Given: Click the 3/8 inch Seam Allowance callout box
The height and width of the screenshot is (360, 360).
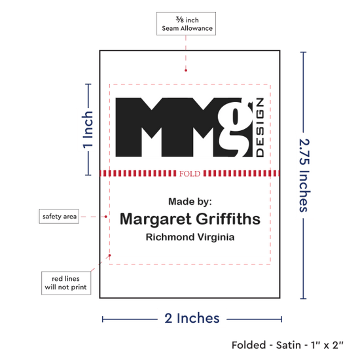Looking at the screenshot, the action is tap(186, 24).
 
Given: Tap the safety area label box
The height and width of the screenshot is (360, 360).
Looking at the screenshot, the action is tap(59, 216).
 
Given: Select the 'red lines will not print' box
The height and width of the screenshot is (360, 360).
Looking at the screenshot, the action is tap(66, 283).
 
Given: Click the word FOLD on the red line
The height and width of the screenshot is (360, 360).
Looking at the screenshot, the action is tap(190, 173).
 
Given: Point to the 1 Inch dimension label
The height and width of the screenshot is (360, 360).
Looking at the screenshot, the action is tap(88, 129).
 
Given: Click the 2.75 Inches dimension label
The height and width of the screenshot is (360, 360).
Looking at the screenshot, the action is tap(304, 175).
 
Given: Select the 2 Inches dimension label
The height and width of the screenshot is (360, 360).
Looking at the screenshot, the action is tap(192, 318).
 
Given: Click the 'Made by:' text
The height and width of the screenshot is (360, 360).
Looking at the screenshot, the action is tap(190, 202).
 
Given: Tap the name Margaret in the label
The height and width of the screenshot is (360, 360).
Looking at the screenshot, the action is tap(155, 219).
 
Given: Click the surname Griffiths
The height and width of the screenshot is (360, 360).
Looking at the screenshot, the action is tap(228, 219).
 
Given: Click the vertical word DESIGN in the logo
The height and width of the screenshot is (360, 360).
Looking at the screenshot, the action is tap(260, 128).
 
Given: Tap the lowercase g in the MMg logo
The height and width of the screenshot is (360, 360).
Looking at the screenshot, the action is tap(234, 128).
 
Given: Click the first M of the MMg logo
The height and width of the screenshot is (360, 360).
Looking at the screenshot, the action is tap(141, 128).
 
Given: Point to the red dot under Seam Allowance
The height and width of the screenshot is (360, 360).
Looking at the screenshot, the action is tap(186, 71).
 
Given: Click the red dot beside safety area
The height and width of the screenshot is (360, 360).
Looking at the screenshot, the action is tap(106, 217).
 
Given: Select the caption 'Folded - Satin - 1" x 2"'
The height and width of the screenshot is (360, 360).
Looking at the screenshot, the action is tap(287, 345).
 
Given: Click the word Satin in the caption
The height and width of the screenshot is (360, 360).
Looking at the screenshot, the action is tap(289, 345).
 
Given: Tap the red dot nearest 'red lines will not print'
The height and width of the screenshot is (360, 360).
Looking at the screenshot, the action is tap(110, 255).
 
